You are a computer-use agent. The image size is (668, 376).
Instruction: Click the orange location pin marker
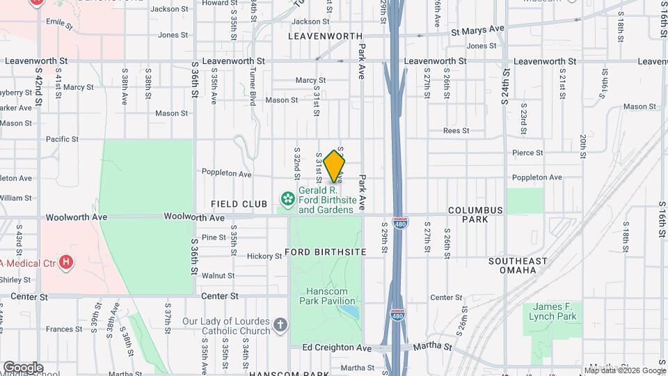[335, 166]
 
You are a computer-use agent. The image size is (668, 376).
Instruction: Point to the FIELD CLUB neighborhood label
[239, 204]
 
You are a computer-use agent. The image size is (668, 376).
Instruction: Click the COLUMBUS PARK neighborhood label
[475, 214]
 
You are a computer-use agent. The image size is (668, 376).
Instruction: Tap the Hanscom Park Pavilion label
[327, 296]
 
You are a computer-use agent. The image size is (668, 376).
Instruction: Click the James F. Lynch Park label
[555, 311]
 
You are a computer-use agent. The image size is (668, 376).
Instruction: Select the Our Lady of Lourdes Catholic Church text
[226, 326]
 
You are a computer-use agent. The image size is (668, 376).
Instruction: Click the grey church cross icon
[280, 325]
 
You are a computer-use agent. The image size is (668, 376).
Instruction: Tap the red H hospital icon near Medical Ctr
[66, 262]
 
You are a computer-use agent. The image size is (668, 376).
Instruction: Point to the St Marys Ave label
[477, 30]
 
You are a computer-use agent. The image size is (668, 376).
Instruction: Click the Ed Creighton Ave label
[337, 347]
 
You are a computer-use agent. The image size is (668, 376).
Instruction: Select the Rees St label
[456, 130]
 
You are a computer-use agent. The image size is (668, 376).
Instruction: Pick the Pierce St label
[527, 152]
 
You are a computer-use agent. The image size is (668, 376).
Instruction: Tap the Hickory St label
[263, 256]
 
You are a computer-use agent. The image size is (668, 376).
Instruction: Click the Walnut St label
[218, 276]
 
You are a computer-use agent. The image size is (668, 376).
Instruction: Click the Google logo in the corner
[22, 367]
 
